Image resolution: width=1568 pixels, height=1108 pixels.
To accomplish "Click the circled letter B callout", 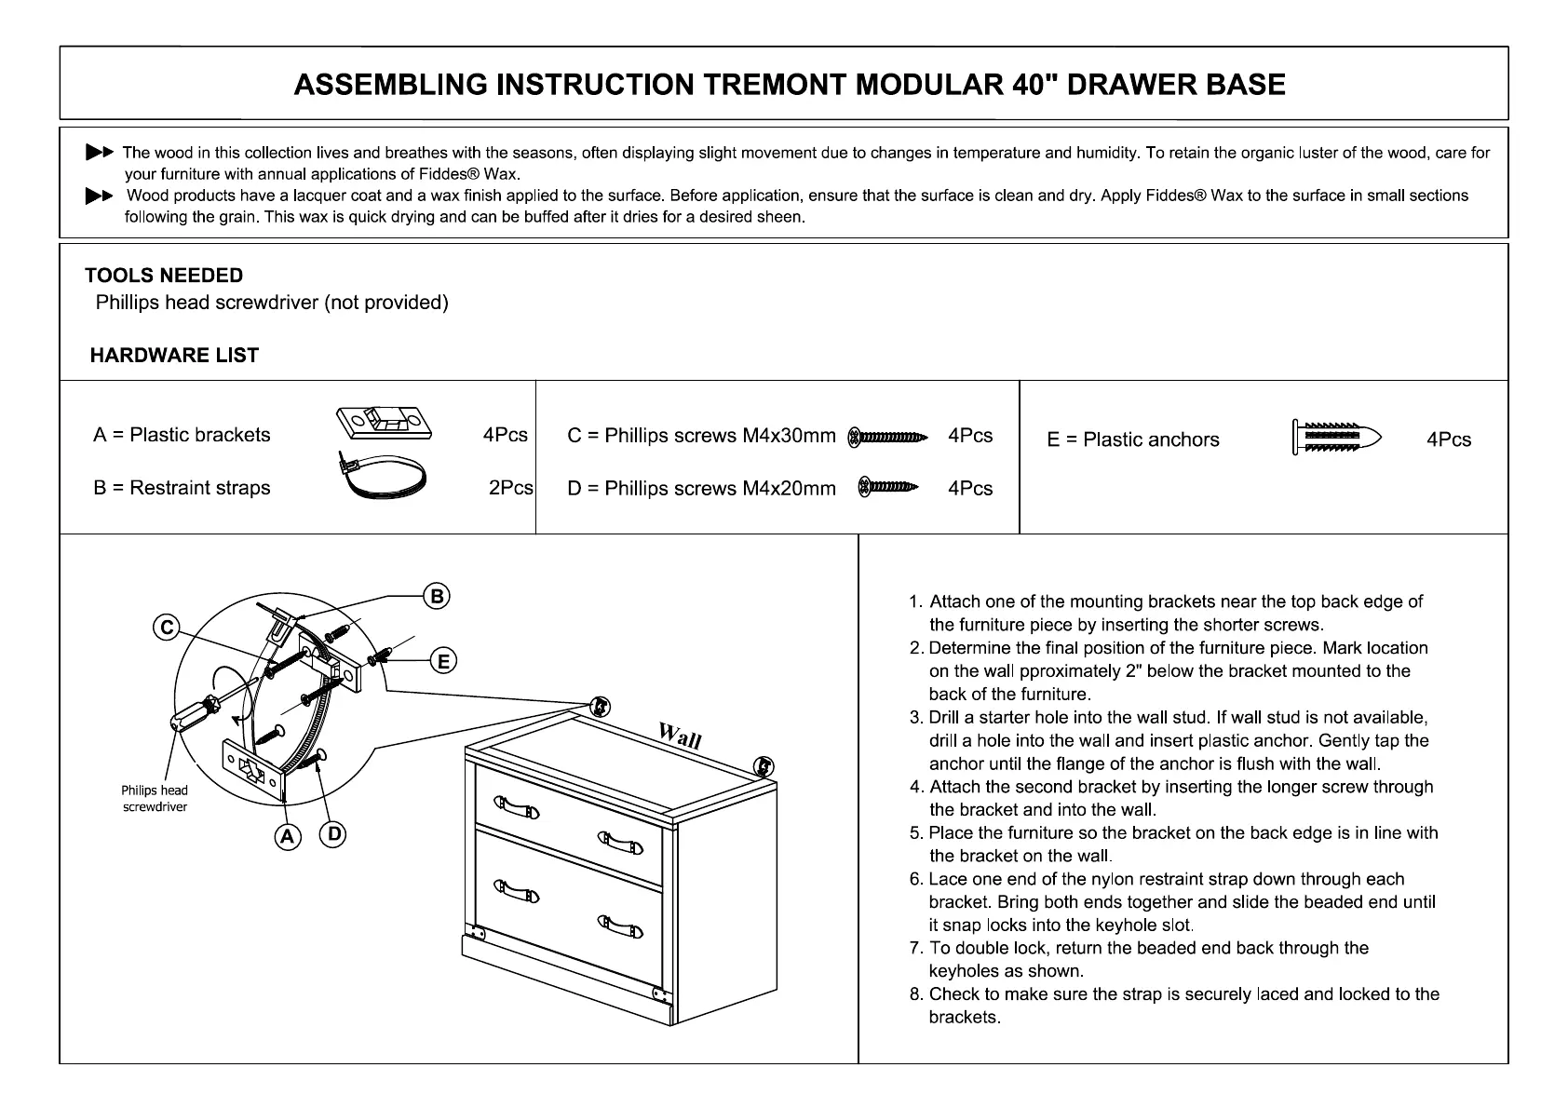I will pyautogui.click(x=436, y=596).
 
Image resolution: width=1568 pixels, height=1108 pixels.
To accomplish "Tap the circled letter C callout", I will pyautogui.click(x=166, y=628).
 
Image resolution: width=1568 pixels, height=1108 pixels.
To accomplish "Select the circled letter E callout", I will pyautogui.click(x=443, y=661).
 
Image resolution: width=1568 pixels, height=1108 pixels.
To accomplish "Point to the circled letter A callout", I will pyautogui.click(x=288, y=836).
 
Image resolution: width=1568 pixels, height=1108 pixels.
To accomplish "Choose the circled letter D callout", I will pyautogui.click(x=333, y=834).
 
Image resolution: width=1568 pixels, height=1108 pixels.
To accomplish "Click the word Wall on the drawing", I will pyautogui.click(x=680, y=736).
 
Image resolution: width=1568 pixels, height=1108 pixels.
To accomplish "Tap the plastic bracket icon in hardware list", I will pyautogui.click(x=384, y=423).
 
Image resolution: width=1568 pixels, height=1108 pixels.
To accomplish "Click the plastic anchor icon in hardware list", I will pyautogui.click(x=1337, y=437).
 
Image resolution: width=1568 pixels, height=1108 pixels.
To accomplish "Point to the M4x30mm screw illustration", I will pyautogui.click(x=888, y=437).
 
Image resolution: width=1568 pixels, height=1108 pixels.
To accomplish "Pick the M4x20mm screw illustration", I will pyautogui.click(x=887, y=486).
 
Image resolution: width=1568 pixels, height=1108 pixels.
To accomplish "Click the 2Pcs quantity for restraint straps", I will pyautogui.click(x=510, y=488).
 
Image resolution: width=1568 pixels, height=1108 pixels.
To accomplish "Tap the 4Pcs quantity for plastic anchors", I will pyautogui.click(x=1449, y=439).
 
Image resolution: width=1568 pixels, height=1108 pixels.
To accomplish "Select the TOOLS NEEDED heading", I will pyautogui.click(x=164, y=276).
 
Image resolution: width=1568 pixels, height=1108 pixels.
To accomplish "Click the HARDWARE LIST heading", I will pyautogui.click(x=174, y=355).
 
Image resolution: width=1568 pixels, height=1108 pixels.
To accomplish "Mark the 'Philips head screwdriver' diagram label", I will pyautogui.click(x=155, y=799).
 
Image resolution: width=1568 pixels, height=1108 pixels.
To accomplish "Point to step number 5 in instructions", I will pyautogui.click(x=916, y=832).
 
